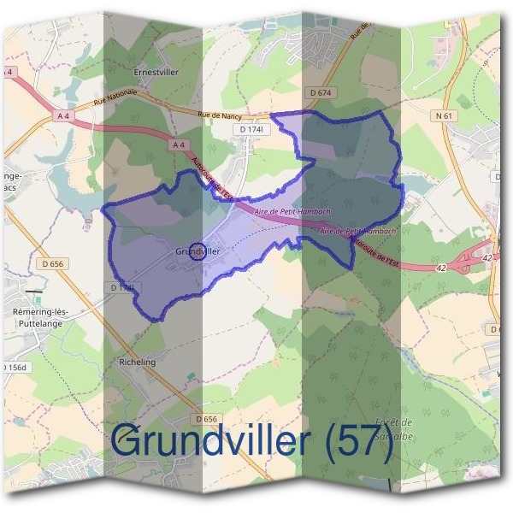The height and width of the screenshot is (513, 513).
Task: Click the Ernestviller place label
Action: tap(156, 73)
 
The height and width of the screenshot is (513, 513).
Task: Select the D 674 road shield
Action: tap(320, 92)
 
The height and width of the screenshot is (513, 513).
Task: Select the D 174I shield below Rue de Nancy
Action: tap(252, 129)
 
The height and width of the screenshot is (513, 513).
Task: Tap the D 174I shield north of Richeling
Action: tap(121, 288)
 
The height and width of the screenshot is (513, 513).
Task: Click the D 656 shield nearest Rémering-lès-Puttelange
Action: tap(52, 264)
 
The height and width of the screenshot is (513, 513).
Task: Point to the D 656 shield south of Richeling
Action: tap(205, 419)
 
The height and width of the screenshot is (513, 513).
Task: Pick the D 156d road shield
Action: tap(15, 368)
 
